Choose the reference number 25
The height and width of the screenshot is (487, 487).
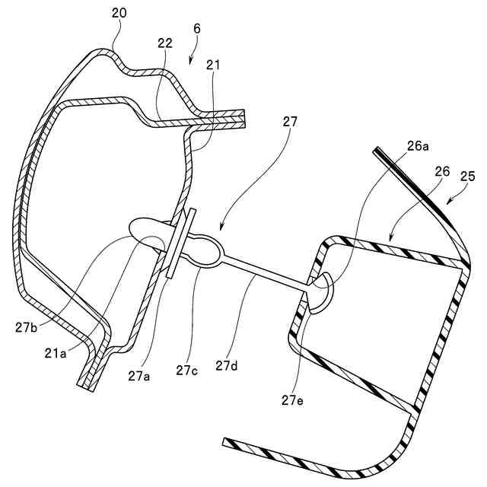point(466,177)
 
